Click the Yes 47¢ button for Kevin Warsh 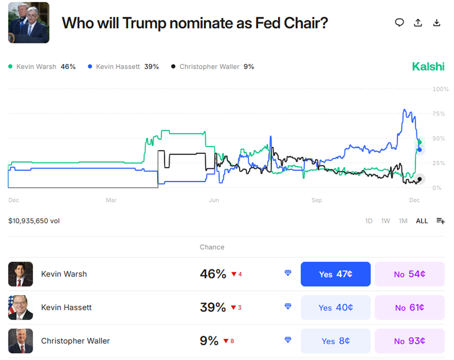pos(336,274)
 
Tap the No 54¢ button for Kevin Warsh pos(410,274)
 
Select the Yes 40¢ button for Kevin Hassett pos(336,308)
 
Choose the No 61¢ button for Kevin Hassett pos(410,308)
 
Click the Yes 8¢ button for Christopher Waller pos(336,341)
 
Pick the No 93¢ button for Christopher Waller pos(410,341)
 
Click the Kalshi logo pos(428,67)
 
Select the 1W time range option pos(385,221)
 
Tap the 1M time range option pos(403,221)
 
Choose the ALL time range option pos(422,221)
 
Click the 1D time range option pos(369,221)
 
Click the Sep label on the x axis pos(316,200)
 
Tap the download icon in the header pos(436,23)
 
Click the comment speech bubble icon pos(400,23)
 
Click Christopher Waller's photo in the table pos(21,341)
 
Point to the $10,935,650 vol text pos(34,221)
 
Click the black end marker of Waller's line pos(419,179)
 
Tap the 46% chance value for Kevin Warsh pos(213,274)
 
